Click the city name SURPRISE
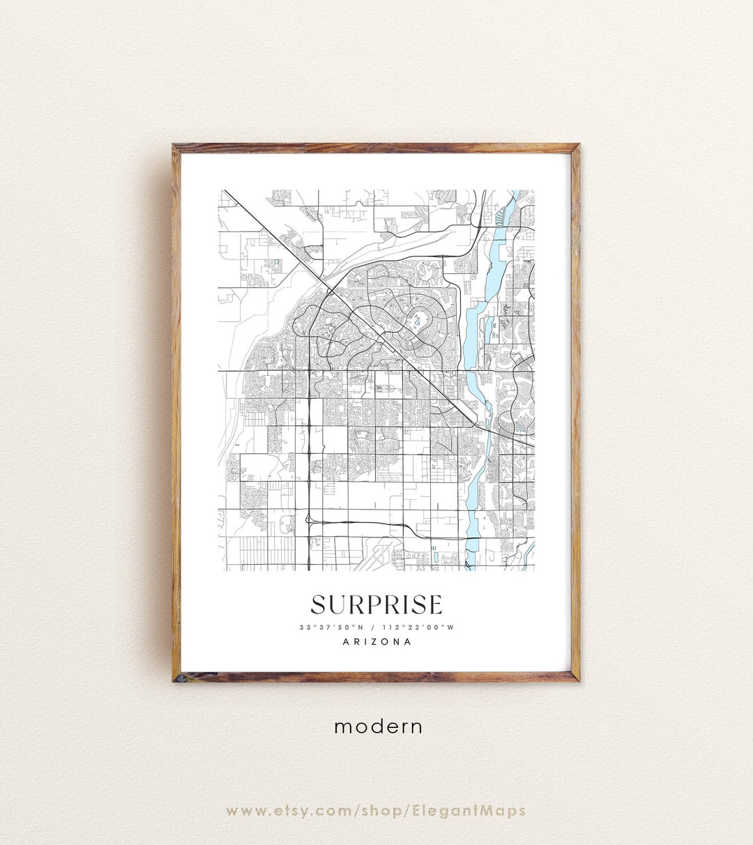[x=376, y=604]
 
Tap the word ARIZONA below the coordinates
[x=376, y=642]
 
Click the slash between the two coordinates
[x=376, y=627]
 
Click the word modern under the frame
[x=379, y=726]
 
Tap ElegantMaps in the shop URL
[x=479, y=811]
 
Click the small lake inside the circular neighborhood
[x=418, y=321]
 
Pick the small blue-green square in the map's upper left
[x=276, y=262]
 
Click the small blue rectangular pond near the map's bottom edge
[x=436, y=558]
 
